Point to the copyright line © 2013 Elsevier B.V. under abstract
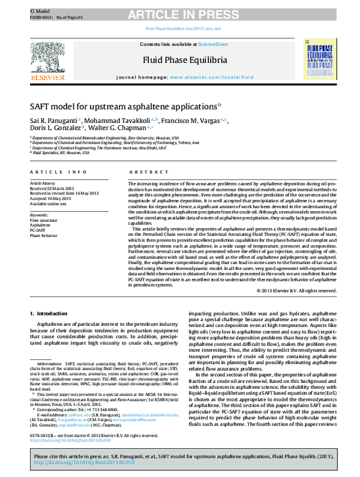tap(296, 290)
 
